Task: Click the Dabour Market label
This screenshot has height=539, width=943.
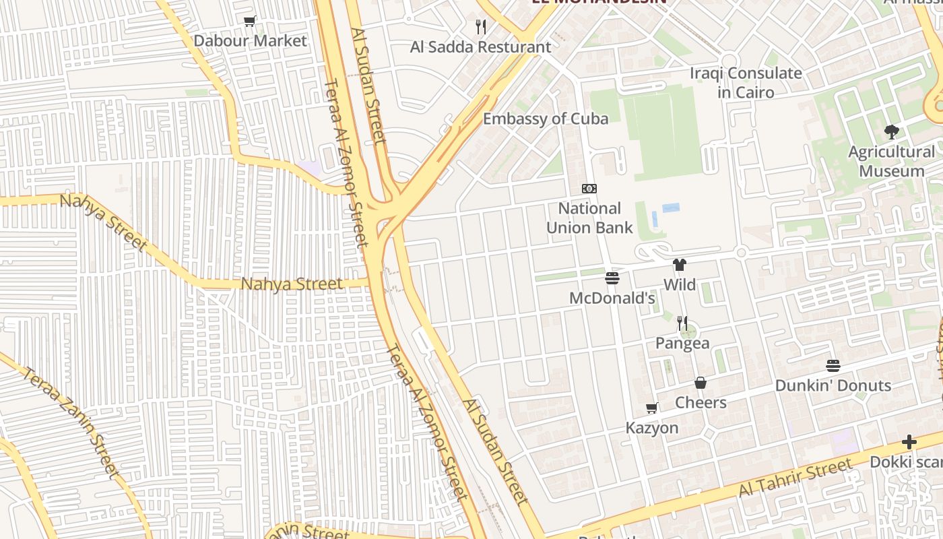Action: (x=250, y=40)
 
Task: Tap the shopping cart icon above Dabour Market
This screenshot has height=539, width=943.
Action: (x=250, y=22)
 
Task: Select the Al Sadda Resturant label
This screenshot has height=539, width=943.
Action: (x=481, y=47)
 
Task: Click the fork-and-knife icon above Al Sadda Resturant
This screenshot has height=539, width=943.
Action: (x=481, y=27)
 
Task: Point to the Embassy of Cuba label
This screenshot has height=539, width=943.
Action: (x=546, y=119)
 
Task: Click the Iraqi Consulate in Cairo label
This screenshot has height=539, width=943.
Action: (x=746, y=82)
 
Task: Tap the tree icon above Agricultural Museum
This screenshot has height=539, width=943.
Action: (x=892, y=131)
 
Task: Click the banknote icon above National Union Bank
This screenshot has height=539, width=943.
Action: (x=589, y=189)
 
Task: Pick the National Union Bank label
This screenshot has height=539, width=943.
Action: (x=589, y=218)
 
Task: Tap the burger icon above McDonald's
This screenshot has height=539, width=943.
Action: (x=612, y=278)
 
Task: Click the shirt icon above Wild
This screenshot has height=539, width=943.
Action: (x=680, y=265)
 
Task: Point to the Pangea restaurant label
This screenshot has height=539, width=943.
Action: (x=682, y=343)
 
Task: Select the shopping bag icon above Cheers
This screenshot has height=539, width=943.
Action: (x=701, y=383)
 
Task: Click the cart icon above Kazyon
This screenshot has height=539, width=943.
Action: (x=652, y=408)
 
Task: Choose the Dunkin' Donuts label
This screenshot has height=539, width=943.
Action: (x=833, y=385)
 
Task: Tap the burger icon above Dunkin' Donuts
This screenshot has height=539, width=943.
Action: (x=833, y=366)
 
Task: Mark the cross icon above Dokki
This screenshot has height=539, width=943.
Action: (x=909, y=442)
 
